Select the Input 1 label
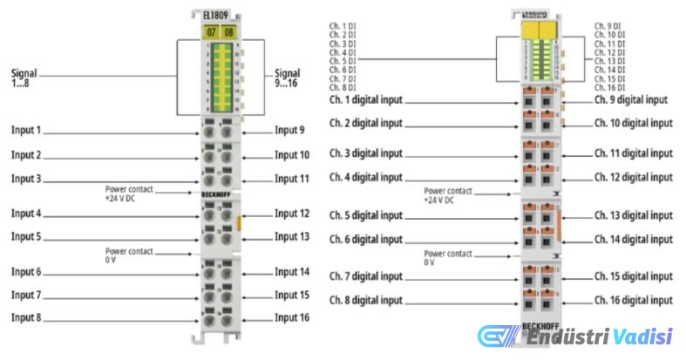pos(26,131)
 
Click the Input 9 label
pos(289,131)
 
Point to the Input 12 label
pos(292,213)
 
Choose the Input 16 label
pos(292,317)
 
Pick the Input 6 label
pos(26,272)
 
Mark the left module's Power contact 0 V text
pos(129,254)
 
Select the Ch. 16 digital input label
pos(634,300)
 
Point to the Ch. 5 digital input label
pos(366,215)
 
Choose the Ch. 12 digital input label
pos(634,177)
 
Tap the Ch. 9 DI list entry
pos(608,27)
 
